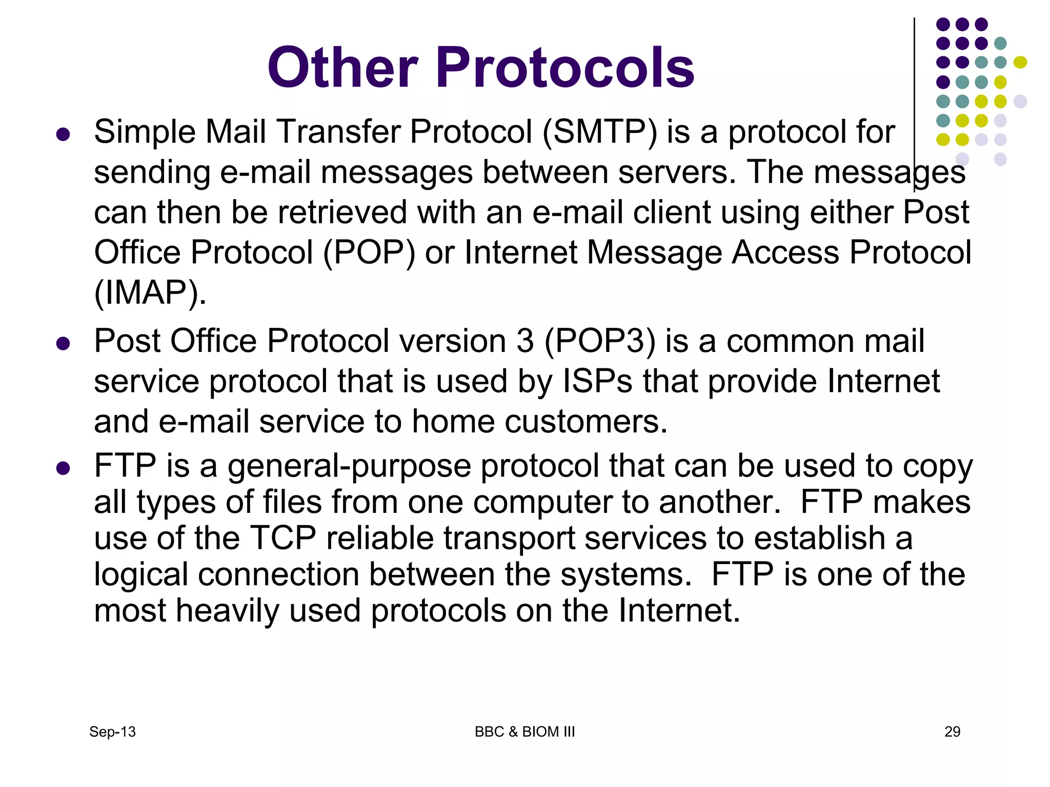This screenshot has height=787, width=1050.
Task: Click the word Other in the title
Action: [343, 67]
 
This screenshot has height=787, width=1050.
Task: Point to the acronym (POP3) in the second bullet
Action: [600, 341]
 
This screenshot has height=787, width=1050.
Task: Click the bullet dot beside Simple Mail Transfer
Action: [63, 135]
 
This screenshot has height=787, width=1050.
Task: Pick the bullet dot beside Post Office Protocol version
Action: [63, 343]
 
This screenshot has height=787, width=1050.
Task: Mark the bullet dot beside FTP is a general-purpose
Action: [63, 468]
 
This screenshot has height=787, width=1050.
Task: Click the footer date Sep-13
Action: [112, 732]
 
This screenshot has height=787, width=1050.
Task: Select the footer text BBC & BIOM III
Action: [524, 732]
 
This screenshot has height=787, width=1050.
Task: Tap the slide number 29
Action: [952, 732]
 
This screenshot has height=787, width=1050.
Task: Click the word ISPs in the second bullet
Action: [597, 382]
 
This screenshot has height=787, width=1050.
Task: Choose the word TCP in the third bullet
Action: [283, 539]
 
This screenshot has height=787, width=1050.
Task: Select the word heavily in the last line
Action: [227, 611]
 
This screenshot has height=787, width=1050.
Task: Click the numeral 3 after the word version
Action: [525, 341]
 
